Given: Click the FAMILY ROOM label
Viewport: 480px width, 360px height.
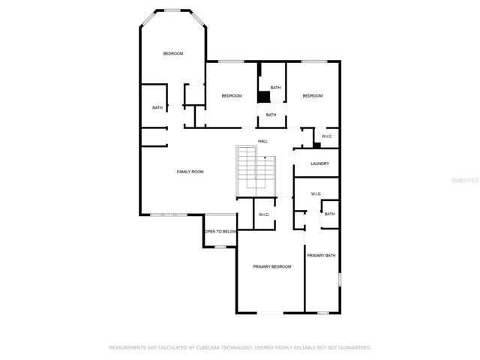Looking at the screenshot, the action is [x=190, y=172].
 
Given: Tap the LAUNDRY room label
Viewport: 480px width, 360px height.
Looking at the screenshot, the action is [x=320, y=163].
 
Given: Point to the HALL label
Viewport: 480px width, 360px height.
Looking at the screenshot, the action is [x=262, y=141].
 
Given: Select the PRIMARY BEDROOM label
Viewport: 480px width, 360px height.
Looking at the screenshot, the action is [x=271, y=267].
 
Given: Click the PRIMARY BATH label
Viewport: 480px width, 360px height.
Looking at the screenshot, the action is [x=321, y=255].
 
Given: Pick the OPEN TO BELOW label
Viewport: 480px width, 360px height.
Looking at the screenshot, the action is [x=220, y=232].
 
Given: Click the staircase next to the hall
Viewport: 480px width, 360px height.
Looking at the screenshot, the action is [x=256, y=172].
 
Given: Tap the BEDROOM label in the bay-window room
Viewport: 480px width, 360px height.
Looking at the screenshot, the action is [x=173, y=53].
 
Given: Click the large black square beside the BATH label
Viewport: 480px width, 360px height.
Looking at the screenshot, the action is [x=263, y=97].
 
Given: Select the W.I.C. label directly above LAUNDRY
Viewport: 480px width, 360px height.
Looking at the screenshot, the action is [x=327, y=136].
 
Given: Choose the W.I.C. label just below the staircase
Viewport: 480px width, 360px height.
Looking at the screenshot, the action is [x=264, y=214].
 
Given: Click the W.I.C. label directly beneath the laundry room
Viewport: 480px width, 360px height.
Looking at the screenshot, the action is [x=316, y=193].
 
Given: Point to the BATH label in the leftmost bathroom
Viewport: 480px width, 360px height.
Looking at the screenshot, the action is [x=157, y=108].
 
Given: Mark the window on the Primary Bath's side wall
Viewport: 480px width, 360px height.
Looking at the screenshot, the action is [x=340, y=280].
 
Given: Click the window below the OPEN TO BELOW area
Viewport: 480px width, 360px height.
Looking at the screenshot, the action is [x=220, y=247].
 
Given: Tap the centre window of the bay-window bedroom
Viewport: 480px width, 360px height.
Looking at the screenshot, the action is [x=172, y=10].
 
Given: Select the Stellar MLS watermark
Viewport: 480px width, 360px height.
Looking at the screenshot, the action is [x=465, y=180].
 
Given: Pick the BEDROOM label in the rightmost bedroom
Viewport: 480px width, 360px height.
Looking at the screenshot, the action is [x=313, y=96].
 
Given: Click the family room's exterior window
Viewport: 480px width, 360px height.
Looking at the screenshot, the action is [x=168, y=215].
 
